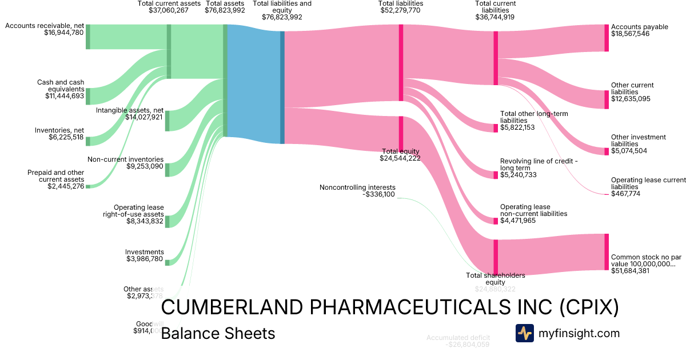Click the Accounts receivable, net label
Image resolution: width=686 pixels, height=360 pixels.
tap(44, 26)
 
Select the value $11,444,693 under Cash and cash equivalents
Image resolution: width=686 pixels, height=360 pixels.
tap(65, 96)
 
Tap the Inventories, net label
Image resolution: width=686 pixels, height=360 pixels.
tap(59, 130)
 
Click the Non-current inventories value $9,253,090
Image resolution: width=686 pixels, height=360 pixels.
tap(145, 166)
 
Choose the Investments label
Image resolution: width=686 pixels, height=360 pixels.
tap(145, 252)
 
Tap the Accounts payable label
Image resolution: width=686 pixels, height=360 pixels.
tap(639, 27)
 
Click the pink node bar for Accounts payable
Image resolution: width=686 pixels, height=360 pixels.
tap(607, 38)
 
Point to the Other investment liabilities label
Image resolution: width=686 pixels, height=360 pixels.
tap(638, 141)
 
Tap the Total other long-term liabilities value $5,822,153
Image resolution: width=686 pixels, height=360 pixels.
tap(517, 127)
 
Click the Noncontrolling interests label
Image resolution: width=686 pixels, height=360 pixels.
tap(357, 187)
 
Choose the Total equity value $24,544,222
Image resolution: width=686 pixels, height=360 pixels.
tap(400, 158)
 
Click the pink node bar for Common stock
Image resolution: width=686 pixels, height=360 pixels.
tap(607, 251)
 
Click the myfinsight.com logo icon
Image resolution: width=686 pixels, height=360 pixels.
tap(524, 333)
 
